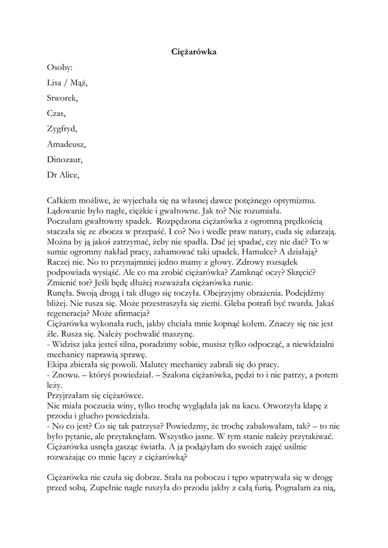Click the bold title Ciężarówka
(194, 52)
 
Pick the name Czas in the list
(56, 113)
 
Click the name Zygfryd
(62, 129)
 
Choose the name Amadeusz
(66, 144)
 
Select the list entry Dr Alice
(63, 175)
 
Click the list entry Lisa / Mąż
(67, 83)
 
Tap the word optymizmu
(293, 200)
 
